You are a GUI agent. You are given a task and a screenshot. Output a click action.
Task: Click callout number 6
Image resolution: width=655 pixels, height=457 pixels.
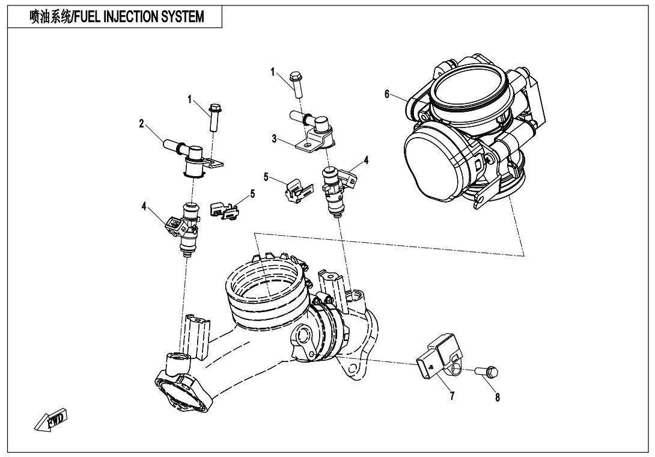tap(388, 93)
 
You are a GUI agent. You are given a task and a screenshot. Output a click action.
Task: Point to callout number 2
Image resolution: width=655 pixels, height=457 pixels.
tap(141, 124)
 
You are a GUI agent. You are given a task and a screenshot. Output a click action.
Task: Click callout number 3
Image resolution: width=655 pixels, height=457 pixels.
tap(273, 139)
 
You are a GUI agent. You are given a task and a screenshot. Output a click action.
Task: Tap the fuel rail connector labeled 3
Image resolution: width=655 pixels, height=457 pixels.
tap(312, 129)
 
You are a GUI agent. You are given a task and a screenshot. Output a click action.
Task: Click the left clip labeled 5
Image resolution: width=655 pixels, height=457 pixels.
tap(224, 210)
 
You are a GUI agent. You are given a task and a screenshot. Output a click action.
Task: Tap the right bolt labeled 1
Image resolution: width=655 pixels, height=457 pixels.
tap(296, 85)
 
